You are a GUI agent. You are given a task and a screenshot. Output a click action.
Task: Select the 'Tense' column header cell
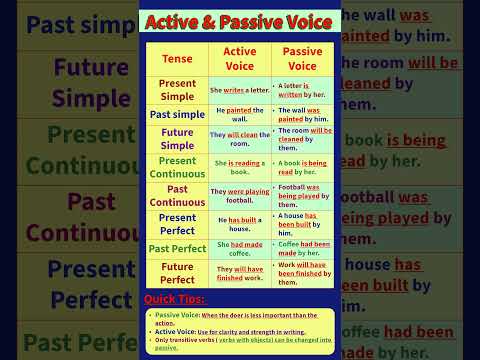point(177,59)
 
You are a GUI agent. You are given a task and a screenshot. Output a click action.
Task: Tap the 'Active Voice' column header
point(239,59)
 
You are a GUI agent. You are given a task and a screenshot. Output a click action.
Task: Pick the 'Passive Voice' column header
point(302,59)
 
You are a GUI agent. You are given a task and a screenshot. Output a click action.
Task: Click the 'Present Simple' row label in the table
point(177,90)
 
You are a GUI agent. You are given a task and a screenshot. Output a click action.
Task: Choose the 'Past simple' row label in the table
point(177,114)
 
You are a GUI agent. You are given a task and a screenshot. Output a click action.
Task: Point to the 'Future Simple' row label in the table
point(177,139)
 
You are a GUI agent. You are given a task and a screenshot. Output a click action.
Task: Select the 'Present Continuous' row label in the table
point(177,167)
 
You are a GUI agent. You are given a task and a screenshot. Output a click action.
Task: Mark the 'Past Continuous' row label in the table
point(177,195)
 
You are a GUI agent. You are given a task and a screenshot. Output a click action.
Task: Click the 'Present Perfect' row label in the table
point(177,223)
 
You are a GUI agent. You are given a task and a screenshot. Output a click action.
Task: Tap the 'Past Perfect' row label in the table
point(177,248)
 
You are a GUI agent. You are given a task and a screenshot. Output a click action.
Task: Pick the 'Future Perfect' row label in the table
point(177,273)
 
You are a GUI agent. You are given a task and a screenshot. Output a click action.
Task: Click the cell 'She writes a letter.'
point(239,90)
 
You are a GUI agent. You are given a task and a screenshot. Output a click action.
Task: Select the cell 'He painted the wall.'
point(239,114)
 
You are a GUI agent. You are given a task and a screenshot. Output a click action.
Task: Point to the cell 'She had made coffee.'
point(239,246)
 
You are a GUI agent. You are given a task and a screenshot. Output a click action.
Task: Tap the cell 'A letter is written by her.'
point(302,90)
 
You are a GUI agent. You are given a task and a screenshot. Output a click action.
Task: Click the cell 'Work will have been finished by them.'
point(302,273)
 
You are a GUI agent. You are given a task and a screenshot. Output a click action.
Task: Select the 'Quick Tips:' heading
point(175,299)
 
